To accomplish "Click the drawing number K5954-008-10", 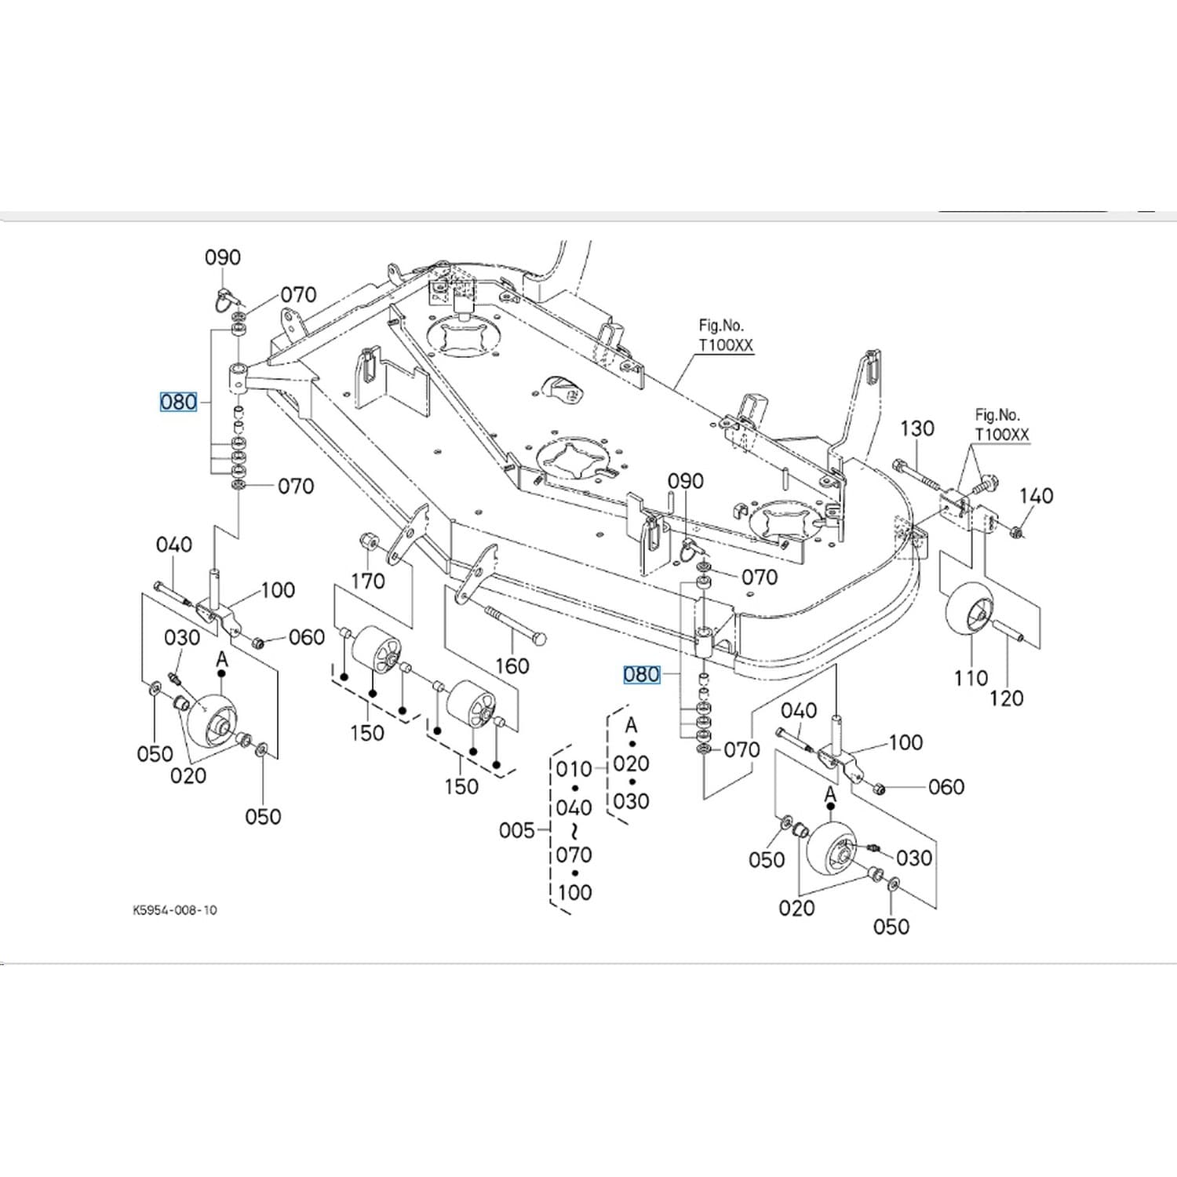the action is coord(174,910).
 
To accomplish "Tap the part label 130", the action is coord(916,428).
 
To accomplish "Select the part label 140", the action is coord(1036,496).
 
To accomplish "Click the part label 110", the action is coord(971,678).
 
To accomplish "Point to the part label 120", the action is coord(1006,698).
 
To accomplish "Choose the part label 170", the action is coord(367,581).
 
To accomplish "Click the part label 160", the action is coord(512,666).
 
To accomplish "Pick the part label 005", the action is coord(516,830).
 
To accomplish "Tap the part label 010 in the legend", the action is coord(574,770).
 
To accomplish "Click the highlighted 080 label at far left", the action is coord(178,403).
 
